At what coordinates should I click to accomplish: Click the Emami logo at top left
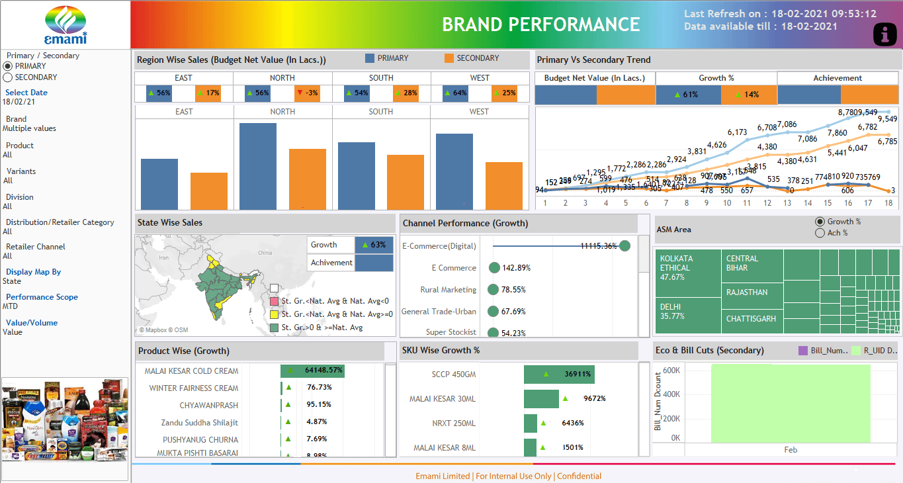(x=65, y=24)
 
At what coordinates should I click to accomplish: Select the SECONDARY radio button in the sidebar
(x=8, y=77)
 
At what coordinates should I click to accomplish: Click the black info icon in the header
(x=885, y=34)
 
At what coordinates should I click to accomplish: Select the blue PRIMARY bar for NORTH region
(x=258, y=165)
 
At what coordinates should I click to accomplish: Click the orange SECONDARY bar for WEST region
(x=504, y=185)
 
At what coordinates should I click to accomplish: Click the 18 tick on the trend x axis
(x=888, y=203)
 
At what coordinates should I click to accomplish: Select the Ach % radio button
(x=820, y=233)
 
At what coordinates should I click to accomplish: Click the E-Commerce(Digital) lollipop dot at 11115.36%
(x=624, y=246)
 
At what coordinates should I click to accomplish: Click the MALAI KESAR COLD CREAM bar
(x=312, y=371)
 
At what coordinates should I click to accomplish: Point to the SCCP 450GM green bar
(x=558, y=374)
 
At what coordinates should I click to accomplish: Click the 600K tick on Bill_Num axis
(x=671, y=371)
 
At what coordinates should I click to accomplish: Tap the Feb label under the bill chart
(x=791, y=450)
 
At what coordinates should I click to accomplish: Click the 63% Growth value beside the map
(x=374, y=245)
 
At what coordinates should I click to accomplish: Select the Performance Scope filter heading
(x=42, y=297)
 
